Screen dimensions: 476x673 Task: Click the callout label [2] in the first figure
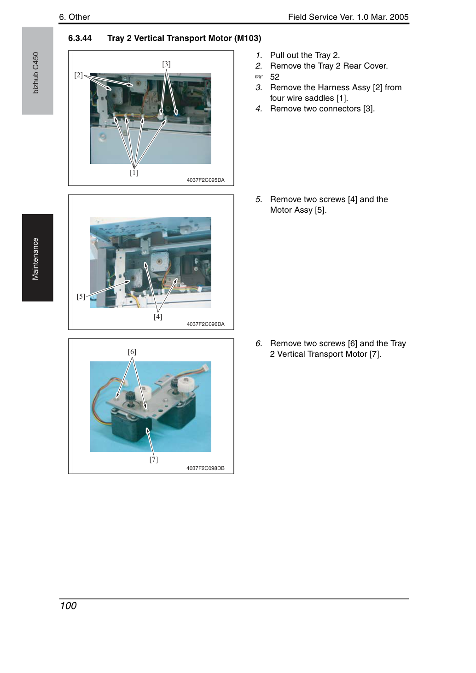[78, 75]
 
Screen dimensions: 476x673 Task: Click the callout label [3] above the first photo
[166, 64]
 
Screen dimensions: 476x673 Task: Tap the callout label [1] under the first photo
[134, 173]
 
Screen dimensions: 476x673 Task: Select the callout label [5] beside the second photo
[81, 296]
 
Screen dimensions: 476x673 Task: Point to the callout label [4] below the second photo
[158, 317]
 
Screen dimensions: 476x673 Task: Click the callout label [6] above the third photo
[132, 352]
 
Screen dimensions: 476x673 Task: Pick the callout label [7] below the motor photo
[154, 460]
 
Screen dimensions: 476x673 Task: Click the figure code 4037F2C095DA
[205, 180]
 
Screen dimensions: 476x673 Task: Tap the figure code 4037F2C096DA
[205, 324]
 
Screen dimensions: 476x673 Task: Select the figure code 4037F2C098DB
[205, 469]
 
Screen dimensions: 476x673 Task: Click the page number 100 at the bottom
[68, 606]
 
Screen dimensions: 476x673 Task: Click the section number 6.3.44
[80, 39]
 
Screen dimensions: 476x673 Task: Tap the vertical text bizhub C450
[35, 73]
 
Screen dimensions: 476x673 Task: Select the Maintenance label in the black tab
[35, 259]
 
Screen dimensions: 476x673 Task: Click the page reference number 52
[275, 77]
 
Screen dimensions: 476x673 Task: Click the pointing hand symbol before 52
[259, 77]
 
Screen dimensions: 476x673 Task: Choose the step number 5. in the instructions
[259, 199]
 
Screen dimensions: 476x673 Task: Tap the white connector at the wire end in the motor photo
[205, 367]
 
